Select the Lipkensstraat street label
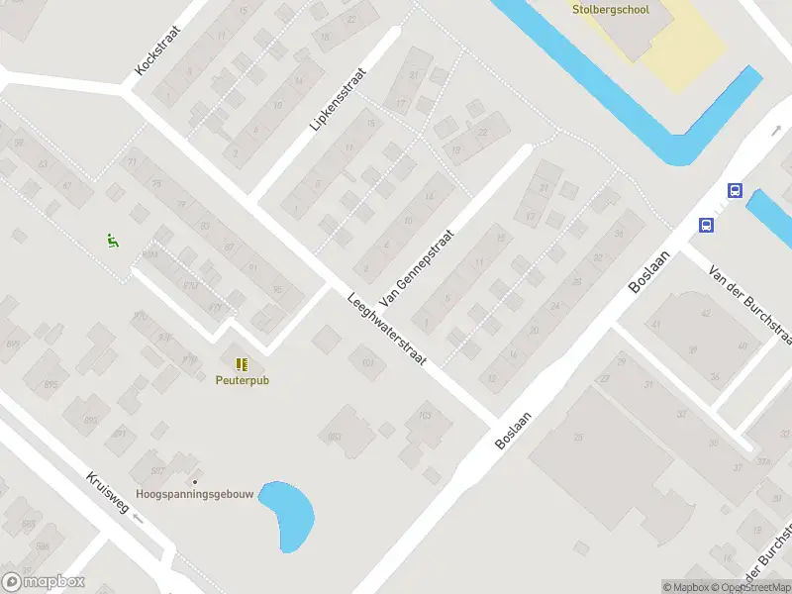point(337,100)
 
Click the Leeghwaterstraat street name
point(386,330)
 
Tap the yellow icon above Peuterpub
point(242,364)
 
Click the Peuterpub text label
point(243,380)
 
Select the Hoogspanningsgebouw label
point(195,494)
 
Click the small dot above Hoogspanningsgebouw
point(195,481)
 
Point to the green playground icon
point(113,240)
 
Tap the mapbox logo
point(44,582)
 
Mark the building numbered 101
point(367,362)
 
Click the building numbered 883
point(337,435)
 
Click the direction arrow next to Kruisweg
point(138,517)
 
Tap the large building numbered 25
point(578,435)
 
